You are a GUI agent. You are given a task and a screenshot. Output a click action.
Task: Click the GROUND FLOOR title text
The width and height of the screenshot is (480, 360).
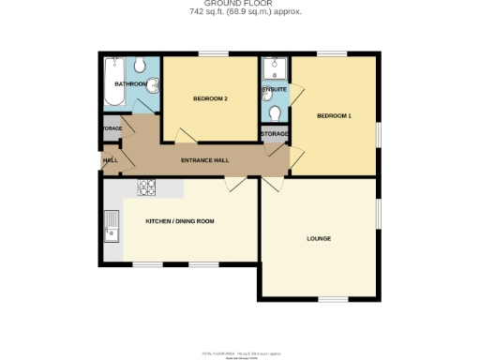tap(239, 4)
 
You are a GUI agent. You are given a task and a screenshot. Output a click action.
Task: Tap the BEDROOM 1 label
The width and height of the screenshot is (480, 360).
tap(335, 115)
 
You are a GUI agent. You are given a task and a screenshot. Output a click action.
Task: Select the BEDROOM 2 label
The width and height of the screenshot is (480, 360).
tap(211, 98)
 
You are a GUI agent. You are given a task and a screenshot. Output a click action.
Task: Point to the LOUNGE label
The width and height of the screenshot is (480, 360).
tap(319, 238)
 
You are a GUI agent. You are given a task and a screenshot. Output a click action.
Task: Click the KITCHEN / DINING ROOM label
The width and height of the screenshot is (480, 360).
tap(180, 220)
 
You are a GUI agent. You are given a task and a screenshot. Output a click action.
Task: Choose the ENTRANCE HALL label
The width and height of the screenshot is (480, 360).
tap(204, 160)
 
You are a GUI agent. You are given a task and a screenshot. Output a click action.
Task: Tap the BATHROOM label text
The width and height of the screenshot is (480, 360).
tap(130, 84)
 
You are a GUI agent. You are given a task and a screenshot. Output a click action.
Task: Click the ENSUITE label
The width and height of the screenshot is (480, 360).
tap(274, 89)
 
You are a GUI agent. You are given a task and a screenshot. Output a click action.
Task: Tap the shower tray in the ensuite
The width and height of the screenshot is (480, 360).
tap(275, 67)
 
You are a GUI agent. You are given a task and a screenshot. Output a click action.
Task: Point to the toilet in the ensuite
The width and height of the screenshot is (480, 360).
tap(275, 112)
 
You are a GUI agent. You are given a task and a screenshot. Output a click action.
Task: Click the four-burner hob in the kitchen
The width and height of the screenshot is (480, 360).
tap(147, 186)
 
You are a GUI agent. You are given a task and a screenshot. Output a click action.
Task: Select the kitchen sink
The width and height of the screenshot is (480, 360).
tap(112, 226)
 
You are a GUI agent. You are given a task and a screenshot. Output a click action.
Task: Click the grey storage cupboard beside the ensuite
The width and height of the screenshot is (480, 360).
tap(274, 135)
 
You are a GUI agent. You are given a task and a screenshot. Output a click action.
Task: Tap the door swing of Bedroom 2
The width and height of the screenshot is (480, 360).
tap(173, 136)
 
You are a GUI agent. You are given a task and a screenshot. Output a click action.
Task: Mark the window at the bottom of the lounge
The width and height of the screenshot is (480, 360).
tap(319, 298)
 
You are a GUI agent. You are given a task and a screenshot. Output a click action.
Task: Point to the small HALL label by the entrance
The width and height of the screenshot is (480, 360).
tap(111, 160)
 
